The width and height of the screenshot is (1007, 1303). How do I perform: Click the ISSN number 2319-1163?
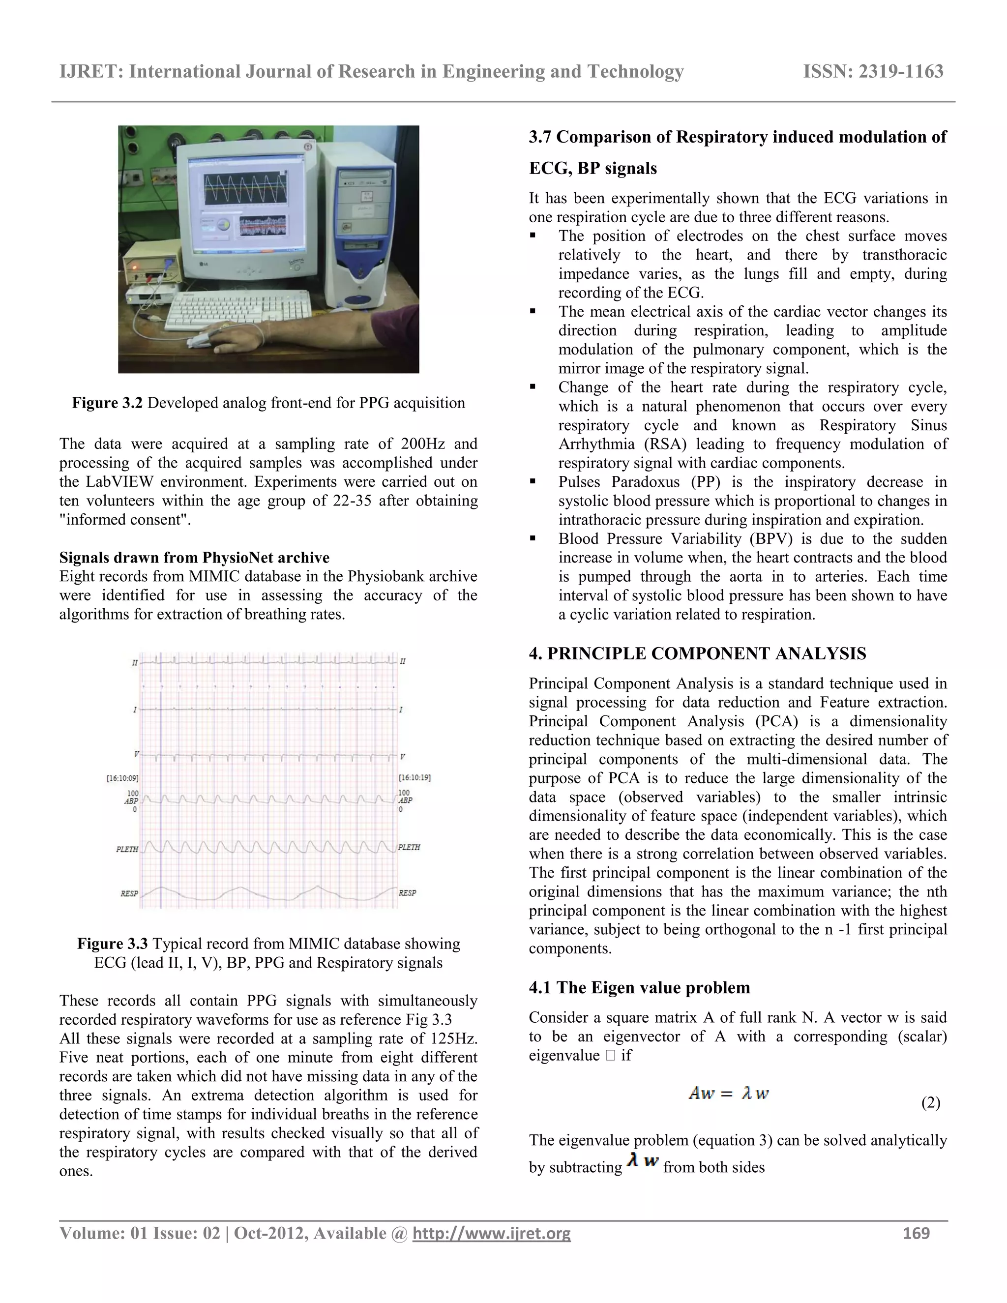click(873, 72)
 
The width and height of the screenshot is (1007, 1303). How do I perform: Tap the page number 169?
click(917, 1233)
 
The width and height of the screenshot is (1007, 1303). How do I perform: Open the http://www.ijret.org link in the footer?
click(492, 1233)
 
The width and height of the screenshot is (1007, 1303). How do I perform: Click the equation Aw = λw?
click(728, 1093)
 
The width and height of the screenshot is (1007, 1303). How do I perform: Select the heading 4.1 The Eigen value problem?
click(640, 987)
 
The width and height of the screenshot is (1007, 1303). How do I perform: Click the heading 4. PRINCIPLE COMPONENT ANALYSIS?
click(697, 653)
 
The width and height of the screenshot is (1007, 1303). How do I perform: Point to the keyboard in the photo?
click(238, 310)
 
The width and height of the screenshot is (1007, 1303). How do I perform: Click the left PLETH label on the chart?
click(127, 849)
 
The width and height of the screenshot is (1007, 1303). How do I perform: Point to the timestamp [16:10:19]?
click(414, 777)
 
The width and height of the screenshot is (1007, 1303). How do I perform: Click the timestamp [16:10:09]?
click(123, 778)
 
